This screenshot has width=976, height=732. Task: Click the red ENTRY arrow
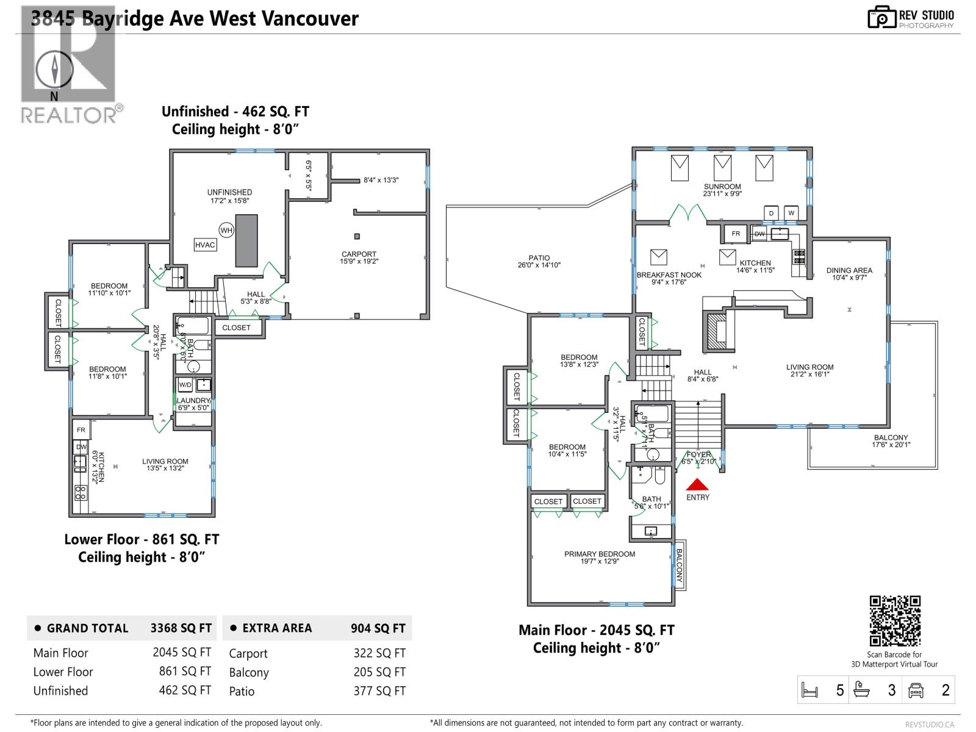697,485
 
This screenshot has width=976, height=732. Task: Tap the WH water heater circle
226,230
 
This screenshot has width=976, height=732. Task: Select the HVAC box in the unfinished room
205,245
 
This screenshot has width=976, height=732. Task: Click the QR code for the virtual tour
894,621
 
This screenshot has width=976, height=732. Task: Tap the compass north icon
54,70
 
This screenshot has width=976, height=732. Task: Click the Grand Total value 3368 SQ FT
181,628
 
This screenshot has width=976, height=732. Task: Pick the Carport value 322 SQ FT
379,653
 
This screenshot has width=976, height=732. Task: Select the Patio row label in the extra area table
242,691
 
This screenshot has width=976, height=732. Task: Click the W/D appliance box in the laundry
185,385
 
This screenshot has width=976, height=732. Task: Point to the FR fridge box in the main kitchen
736,234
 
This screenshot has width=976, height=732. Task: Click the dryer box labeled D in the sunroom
771,213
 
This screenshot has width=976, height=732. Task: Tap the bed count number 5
840,691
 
